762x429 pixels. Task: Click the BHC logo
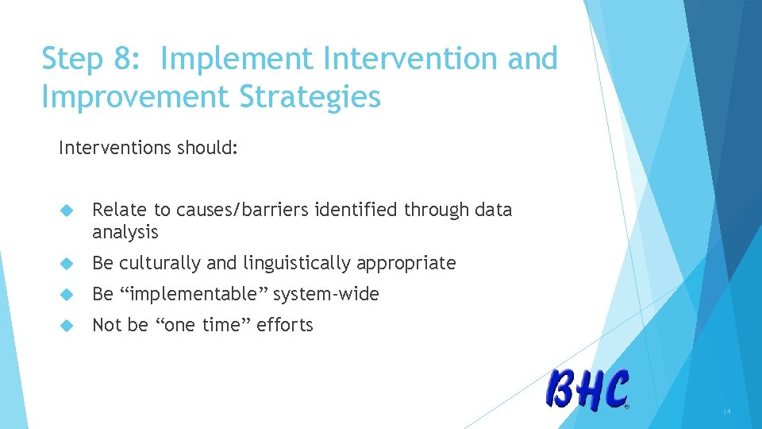pyautogui.click(x=587, y=390)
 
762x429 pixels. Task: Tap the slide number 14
pyautogui.click(x=726, y=411)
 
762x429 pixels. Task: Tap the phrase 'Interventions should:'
pyautogui.click(x=148, y=148)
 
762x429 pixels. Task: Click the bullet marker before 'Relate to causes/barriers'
pyautogui.click(x=67, y=211)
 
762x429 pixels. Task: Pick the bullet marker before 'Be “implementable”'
pyautogui.click(x=67, y=295)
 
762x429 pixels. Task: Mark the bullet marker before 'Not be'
pyautogui.click(x=67, y=326)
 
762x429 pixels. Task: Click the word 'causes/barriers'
pyautogui.click(x=242, y=210)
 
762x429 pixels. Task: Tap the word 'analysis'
pyautogui.click(x=125, y=233)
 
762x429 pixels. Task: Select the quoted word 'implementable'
pyautogui.click(x=193, y=294)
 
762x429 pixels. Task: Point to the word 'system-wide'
pyautogui.click(x=326, y=294)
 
